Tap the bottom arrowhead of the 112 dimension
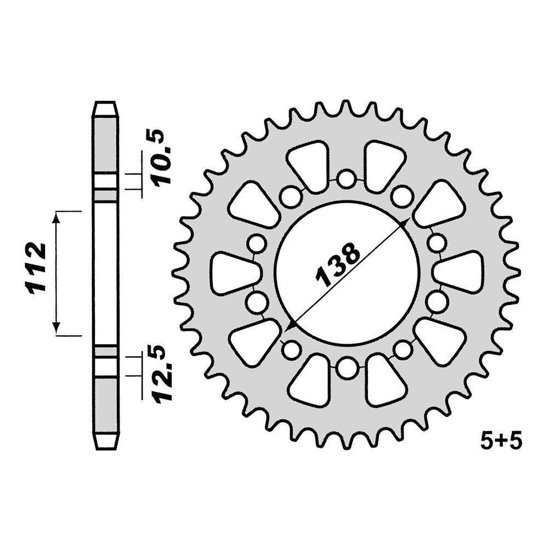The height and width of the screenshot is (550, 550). pyautogui.click(x=56, y=328)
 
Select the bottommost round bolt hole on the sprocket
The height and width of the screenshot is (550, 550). pyautogui.click(x=346, y=368)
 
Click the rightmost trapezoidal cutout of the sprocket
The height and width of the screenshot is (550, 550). pyautogui.click(x=460, y=273)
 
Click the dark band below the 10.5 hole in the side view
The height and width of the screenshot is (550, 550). pyautogui.click(x=105, y=195)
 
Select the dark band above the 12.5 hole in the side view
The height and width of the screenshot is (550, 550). pyautogui.click(x=105, y=351)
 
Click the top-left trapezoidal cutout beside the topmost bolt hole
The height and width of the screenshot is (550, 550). pyautogui.click(x=309, y=164)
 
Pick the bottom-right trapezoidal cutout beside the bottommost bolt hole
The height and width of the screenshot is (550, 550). pyautogui.click(x=384, y=382)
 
